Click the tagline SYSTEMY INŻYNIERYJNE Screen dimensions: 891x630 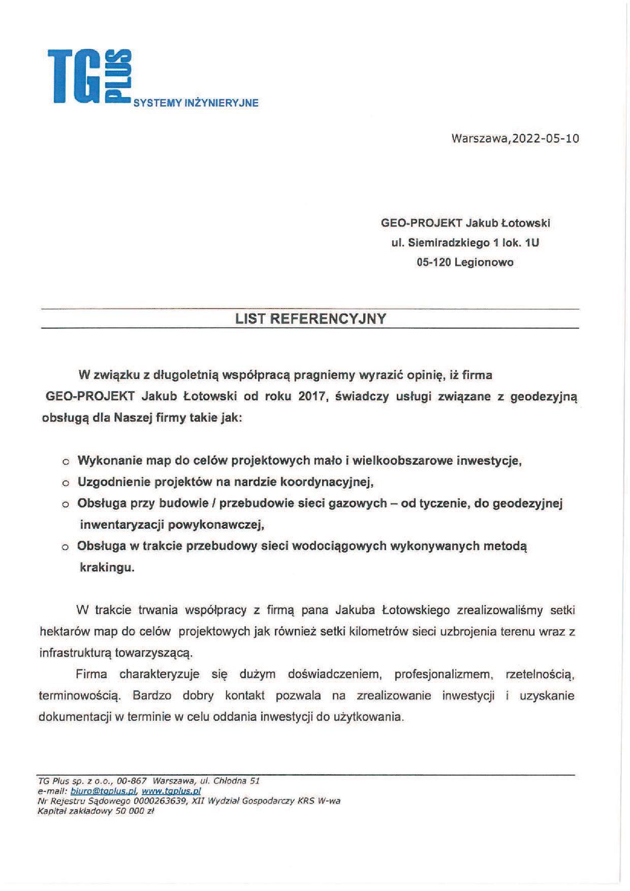(x=196, y=103)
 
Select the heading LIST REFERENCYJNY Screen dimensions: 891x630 (x=310, y=319)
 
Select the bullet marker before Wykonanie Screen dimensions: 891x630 (x=66, y=462)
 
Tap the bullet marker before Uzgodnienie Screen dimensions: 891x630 (x=66, y=484)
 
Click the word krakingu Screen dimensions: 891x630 (x=107, y=568)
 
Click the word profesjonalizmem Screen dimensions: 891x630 (x=444, y=675)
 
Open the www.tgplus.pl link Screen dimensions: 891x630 (x=171, y=791)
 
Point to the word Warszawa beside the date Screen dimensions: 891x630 (x=480, y=138)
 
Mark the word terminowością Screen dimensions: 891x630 (x=80, y=696)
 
